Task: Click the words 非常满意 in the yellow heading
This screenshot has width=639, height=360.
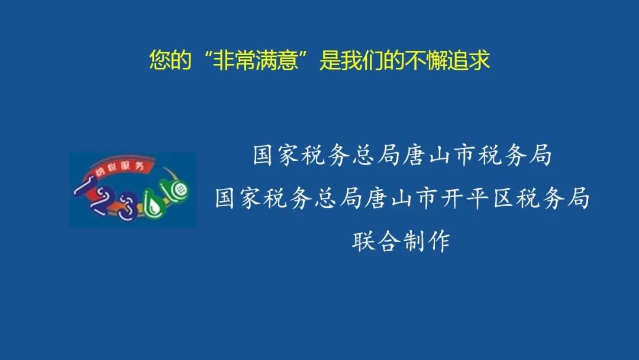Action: (x=255, y=60)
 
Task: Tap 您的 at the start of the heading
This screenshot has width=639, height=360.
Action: (x=170, y=60)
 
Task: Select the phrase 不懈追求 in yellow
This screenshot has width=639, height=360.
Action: (x=446, y=60)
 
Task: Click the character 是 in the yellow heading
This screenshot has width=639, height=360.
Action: (x=330, y=60)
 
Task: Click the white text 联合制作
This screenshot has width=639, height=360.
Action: (x=401, y=242)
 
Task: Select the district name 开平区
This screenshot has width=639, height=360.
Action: (x=477, y=198)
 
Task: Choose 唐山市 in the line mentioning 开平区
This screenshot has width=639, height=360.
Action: (x=401, y=198)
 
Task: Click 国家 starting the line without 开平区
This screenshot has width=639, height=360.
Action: (x=276, y=155)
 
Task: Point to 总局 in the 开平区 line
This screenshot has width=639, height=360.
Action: (x=339, y=198)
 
